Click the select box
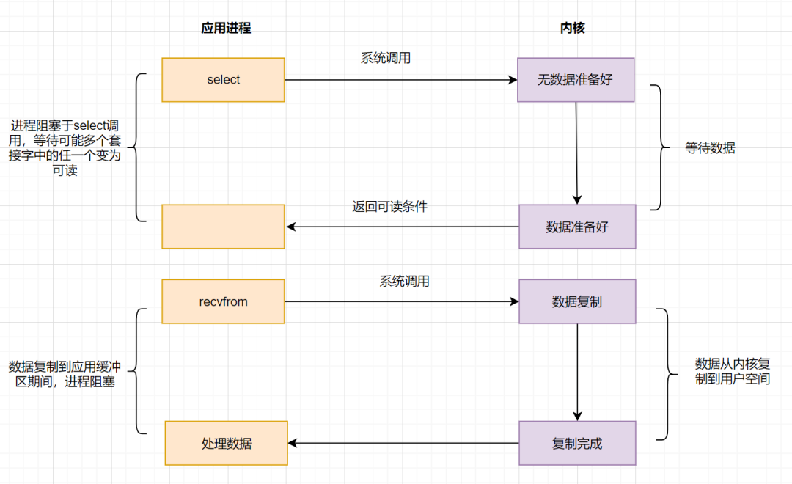point(223,80)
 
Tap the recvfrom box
point(223,301)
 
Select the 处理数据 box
point(226,443)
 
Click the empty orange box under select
point(223,226)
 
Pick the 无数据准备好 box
point(576,80)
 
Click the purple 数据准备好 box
point(577,226)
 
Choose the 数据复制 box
point(577,301)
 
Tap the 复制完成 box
point(577,443)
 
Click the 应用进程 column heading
point(226,29)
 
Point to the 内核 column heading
point(573,29)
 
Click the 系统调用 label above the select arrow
point(386,58)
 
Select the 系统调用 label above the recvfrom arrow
point(404,281)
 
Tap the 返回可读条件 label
point(389,207)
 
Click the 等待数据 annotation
point(710,147)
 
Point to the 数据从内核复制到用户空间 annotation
point(732,371)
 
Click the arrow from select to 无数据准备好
point(400,80)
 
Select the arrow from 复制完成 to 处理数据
point(403,443)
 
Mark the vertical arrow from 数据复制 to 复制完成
point(577,372)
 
